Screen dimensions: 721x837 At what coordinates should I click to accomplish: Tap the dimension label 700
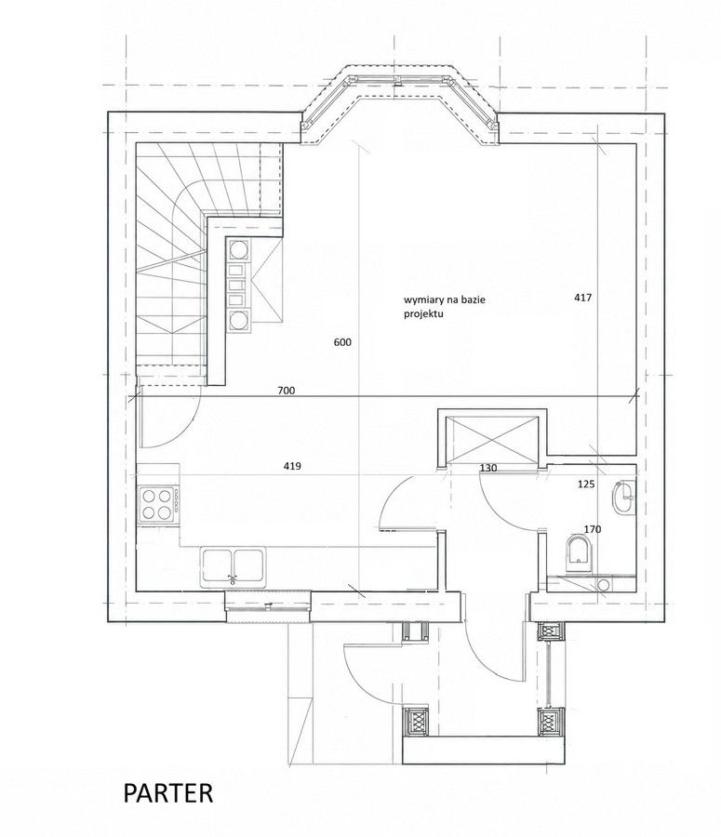point(287,391)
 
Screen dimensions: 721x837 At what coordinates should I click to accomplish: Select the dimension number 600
point(342,342)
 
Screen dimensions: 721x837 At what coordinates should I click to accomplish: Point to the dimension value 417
point(582,298)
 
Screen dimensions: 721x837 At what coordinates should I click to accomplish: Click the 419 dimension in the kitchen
point(292,466)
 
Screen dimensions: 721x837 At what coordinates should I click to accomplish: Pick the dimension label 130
point(488,468)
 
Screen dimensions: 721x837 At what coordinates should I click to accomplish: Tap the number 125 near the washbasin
point(586,485)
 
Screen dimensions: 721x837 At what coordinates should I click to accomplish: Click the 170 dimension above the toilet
point(593,529)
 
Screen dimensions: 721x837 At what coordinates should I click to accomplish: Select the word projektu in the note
point(423,314)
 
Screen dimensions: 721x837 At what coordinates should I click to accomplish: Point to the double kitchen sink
point(234,567)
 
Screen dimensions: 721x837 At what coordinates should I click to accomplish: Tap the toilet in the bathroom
point(579,553)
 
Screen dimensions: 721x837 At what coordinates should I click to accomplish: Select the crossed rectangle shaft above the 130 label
point(492,440)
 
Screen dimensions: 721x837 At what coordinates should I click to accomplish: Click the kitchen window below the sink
point(268,606)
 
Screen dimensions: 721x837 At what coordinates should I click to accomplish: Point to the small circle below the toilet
point(603,585)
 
